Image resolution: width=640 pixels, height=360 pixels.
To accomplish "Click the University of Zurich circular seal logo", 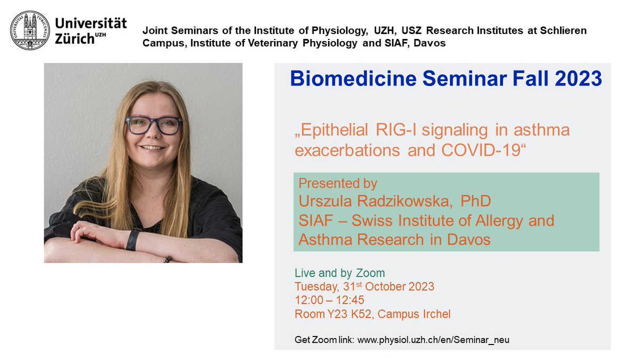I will point(30,31).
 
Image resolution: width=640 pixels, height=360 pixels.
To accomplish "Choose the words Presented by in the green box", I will point(338,183).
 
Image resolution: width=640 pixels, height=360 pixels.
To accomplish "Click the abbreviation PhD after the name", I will point(477,202).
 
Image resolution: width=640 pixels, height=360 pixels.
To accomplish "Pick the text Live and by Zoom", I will point(340,274).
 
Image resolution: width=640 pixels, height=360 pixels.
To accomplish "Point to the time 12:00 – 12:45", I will point(330,300).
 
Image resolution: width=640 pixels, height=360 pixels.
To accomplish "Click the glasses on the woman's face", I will point(154,125).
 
